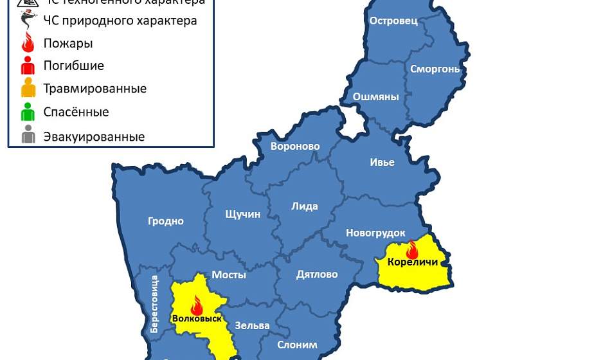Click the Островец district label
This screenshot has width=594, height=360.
(393, 21)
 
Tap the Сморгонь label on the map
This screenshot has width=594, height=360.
(435, 69)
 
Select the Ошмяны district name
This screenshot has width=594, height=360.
(376, 97)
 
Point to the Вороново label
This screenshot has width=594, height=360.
(295, 146)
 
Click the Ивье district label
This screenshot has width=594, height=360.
(382, 163)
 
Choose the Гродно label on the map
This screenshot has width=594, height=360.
(166, 221)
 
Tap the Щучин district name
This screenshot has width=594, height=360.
(243, 214)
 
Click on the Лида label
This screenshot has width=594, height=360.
(305, 206)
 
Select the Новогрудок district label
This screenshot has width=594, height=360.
(375, 233)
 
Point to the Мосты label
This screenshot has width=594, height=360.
(229, 274)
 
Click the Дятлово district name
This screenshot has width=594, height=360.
(317, 274)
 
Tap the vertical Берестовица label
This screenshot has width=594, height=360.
(154, 303)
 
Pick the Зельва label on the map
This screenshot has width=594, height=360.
(252, 325)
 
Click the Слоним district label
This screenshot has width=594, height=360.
(297, 345)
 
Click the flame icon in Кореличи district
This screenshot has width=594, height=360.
(412, 249)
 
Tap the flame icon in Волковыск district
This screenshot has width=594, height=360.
(197, 305)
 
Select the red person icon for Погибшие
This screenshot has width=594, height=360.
(28, 66)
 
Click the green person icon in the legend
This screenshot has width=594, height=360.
(28, 113)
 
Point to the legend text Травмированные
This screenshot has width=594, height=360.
(94, 89)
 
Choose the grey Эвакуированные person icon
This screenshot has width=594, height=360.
(28, 136)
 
